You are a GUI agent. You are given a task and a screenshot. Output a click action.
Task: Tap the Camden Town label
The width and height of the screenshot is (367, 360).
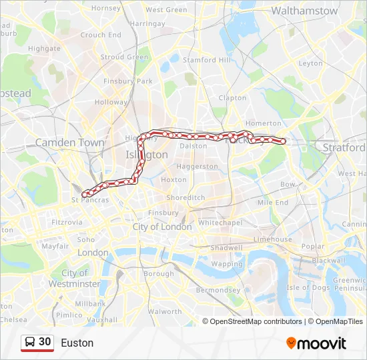(x=69, y=142)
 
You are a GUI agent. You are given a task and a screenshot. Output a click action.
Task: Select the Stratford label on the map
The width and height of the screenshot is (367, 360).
(x=344, y=147)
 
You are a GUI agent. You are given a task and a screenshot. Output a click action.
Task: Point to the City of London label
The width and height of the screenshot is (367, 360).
(x=162, y=227)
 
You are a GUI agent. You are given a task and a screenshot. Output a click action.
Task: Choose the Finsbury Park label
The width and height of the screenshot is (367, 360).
(x=128, y=81)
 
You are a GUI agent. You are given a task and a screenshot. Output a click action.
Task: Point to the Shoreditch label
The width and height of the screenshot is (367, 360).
(x=186, y=198)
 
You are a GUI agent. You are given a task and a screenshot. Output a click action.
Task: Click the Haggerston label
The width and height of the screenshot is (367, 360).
(x=198, y=166)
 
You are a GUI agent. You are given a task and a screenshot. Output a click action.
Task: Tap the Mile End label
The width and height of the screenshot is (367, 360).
(x=272, y=202)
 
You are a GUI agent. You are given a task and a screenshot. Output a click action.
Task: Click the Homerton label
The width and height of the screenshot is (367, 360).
(x=264, y=123)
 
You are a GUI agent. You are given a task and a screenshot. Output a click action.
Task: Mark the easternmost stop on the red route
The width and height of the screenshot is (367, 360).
(x=283, y=141)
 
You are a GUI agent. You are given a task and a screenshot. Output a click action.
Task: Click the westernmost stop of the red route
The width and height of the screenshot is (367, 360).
(x=84, y=194)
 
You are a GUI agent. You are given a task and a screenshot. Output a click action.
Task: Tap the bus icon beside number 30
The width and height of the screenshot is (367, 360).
(x=30, y=342)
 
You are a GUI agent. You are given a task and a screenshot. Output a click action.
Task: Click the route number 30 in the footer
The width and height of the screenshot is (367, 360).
(x=45, y=342)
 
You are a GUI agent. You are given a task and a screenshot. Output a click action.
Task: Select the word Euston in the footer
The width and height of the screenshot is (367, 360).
(x=77, y=343)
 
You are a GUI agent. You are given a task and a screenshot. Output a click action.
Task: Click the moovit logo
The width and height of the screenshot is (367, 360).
(x=316, y=343)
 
